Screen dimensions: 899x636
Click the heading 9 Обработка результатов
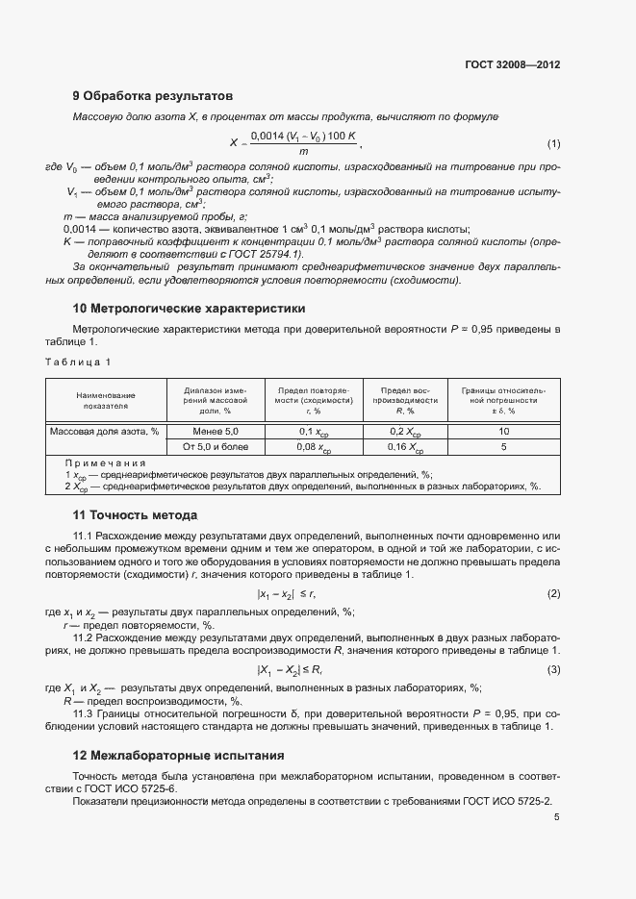(x=153, y=96)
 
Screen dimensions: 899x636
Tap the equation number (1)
(x=553, y=144)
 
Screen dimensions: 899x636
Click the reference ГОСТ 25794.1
(x=272, y=254)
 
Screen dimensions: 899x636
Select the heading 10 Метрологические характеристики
(x=190, y=309)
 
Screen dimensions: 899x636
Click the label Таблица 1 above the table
(x=79, y=362)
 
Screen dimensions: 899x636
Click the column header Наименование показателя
(x=106, y=400)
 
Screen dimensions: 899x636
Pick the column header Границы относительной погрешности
(x=504, y=400)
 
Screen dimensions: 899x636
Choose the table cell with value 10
(x=504, y=432)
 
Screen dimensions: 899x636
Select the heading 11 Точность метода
(x=136, y=515)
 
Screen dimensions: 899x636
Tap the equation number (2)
(x=553, y=594)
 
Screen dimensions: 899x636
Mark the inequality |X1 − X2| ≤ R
(x=289, y=669)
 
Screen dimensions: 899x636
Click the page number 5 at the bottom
(x=557, y=818)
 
